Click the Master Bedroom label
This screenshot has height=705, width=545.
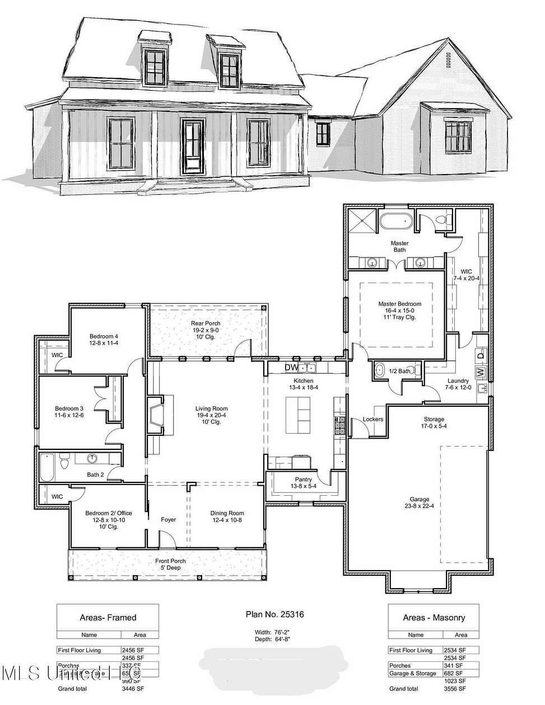click(399, 304)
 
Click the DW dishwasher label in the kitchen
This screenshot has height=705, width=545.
click(291, 367)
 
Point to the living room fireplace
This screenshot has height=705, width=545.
click(155, 416)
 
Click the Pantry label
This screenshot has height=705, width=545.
click(303, 480)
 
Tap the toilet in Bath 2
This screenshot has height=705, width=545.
click(64, 462)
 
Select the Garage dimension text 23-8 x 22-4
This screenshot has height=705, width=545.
click(419, 506)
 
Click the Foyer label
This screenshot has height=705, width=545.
click(169, 519)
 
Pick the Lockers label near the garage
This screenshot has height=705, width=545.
click(372, 419)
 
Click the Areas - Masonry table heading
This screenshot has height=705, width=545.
click(434, 618)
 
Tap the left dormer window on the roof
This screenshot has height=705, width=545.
click(155, 66)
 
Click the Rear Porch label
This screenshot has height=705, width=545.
click(205, 323)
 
